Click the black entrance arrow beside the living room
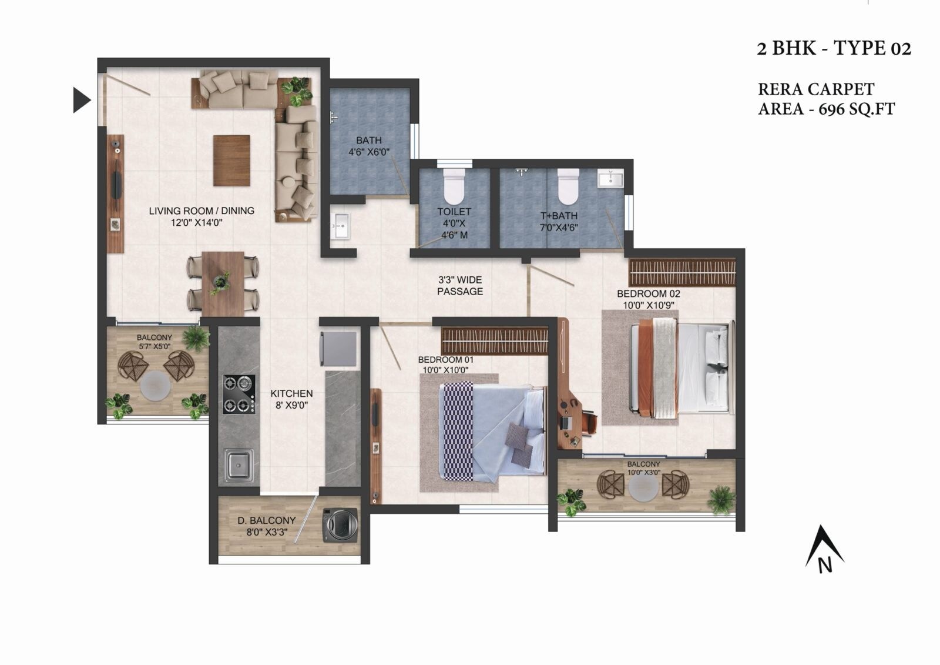pyautogui.click(x=81, y=99)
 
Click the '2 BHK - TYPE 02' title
pyautogui.click(x=834, y=48)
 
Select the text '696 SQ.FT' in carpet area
pyautogui.click(x=857, y=109)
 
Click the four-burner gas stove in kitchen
pyautogui.click(x=239, y=394)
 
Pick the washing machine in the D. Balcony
pyautogui.click(x=340, y=524)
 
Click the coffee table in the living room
pyautogui.click(x=231, y=161)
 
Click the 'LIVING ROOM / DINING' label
pyautogui.click(x=202, y=210)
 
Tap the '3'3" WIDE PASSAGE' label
pyautogui.click(x=460, y=286)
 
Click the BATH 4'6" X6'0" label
pyautogui.click(x=369, y=146)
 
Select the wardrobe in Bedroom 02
pyautogui.click(x=681, y=272)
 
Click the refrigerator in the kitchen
pyautogui.click(x=339, y=349)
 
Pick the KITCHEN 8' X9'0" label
pyautogui.click(x=291, y=399)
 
